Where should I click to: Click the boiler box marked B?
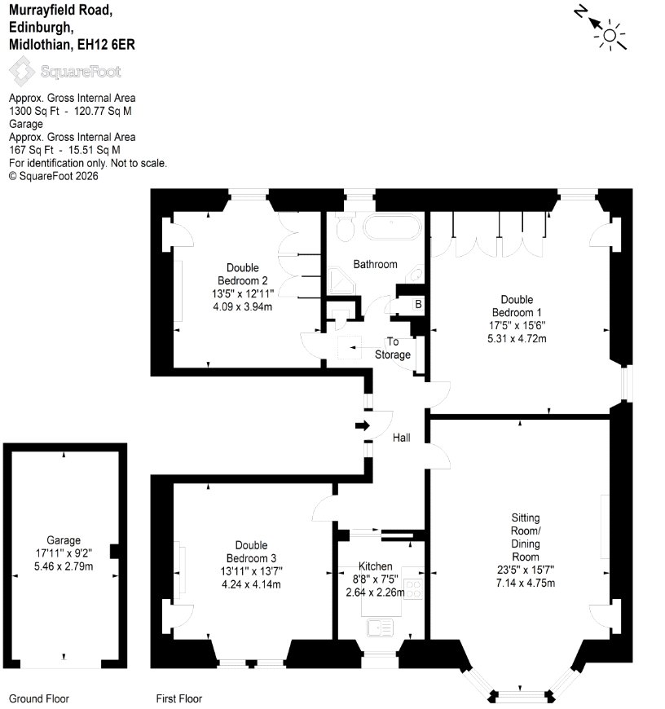pyautogui.click(x=418, y=304)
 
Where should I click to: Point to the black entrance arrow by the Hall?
pyautogui.click(x=363, y=425)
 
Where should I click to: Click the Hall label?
pyautogui.click(x=402, y=438)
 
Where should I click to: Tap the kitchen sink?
pyautogui.click(x=381, y=628)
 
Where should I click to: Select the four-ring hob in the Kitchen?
pyautogui.click(x=413, y=588)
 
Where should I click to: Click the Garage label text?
pyautogui.click(x=64, y=540)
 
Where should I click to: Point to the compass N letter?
pyautogui.click(x=581, y=11)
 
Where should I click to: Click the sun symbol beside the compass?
pyautogui.click(x=610, y=35)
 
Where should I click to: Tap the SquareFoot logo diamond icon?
pyautogui.click(x=21, y=71)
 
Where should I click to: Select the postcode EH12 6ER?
pyautogui.click(x=106, y=44)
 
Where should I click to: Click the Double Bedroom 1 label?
pyautogui.click(x=517, y=306)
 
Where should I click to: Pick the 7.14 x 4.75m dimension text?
pyautogui.click(x=526, y=583)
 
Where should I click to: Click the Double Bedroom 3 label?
pyautogui.click(x=251, y=552)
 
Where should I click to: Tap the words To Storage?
pyautogui.click(x=393, y=348)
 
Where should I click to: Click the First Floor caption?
pyautogui.click(x=179, y=698)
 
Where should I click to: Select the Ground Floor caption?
pyautogui.click(x=39, y=698)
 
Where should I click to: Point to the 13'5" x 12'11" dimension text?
pyautogui.click(x=243, y=293)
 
